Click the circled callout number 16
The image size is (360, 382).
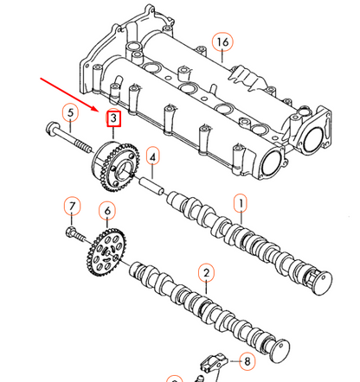click(x=222, y=42)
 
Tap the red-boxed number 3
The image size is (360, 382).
click(x=112, y=118)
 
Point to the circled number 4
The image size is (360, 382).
click(x=152, y=157)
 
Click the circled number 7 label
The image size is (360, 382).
click(x=73, y=206)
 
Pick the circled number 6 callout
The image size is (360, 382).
click(x=107, y=210)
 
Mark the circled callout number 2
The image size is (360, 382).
click(x=205, y=274)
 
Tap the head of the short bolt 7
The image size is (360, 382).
click(x=71, y=232)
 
